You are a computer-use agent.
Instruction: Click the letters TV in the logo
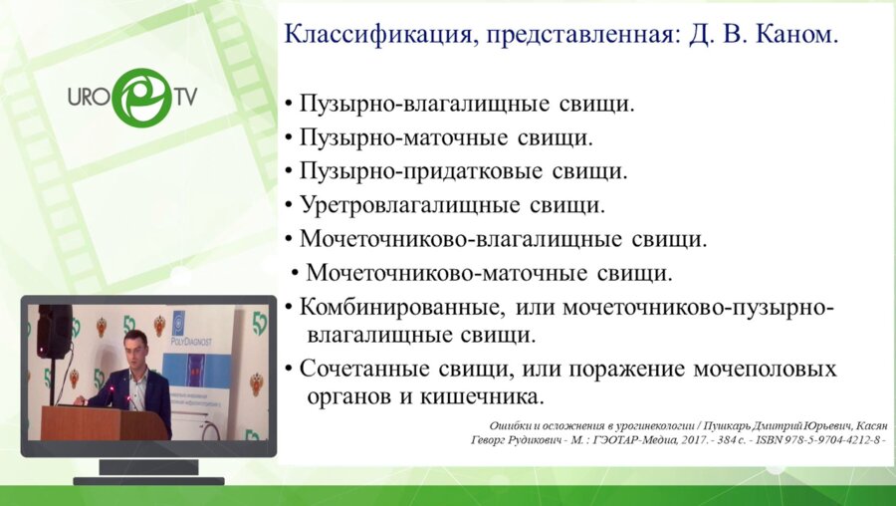pos(185,98)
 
